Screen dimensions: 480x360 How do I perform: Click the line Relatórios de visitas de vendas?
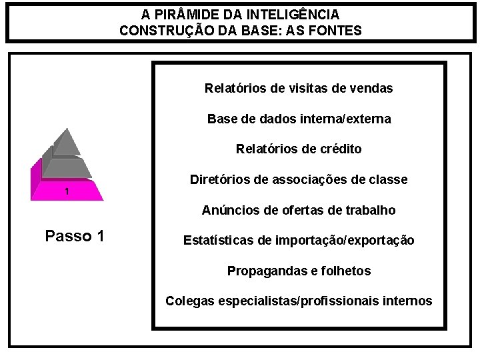tap(299, 88)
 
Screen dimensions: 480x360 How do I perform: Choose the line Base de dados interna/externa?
tap(299, 119)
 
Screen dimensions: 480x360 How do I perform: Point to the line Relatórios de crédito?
tap(299, 149)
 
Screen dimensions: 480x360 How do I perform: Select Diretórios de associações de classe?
tap(299, 180)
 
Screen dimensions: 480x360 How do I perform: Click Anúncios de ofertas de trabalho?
tap(299, 210)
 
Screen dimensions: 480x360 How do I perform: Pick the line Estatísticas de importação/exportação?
tap(299, 240)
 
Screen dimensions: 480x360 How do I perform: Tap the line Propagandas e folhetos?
tap(299, 271)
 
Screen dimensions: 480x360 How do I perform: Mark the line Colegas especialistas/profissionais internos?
tap(299, 301)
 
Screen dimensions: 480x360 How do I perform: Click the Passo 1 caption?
tap(74, 236)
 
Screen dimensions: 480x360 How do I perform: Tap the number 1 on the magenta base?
tap(67, 192)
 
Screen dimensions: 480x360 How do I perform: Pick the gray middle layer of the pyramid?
tap(67, 167)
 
